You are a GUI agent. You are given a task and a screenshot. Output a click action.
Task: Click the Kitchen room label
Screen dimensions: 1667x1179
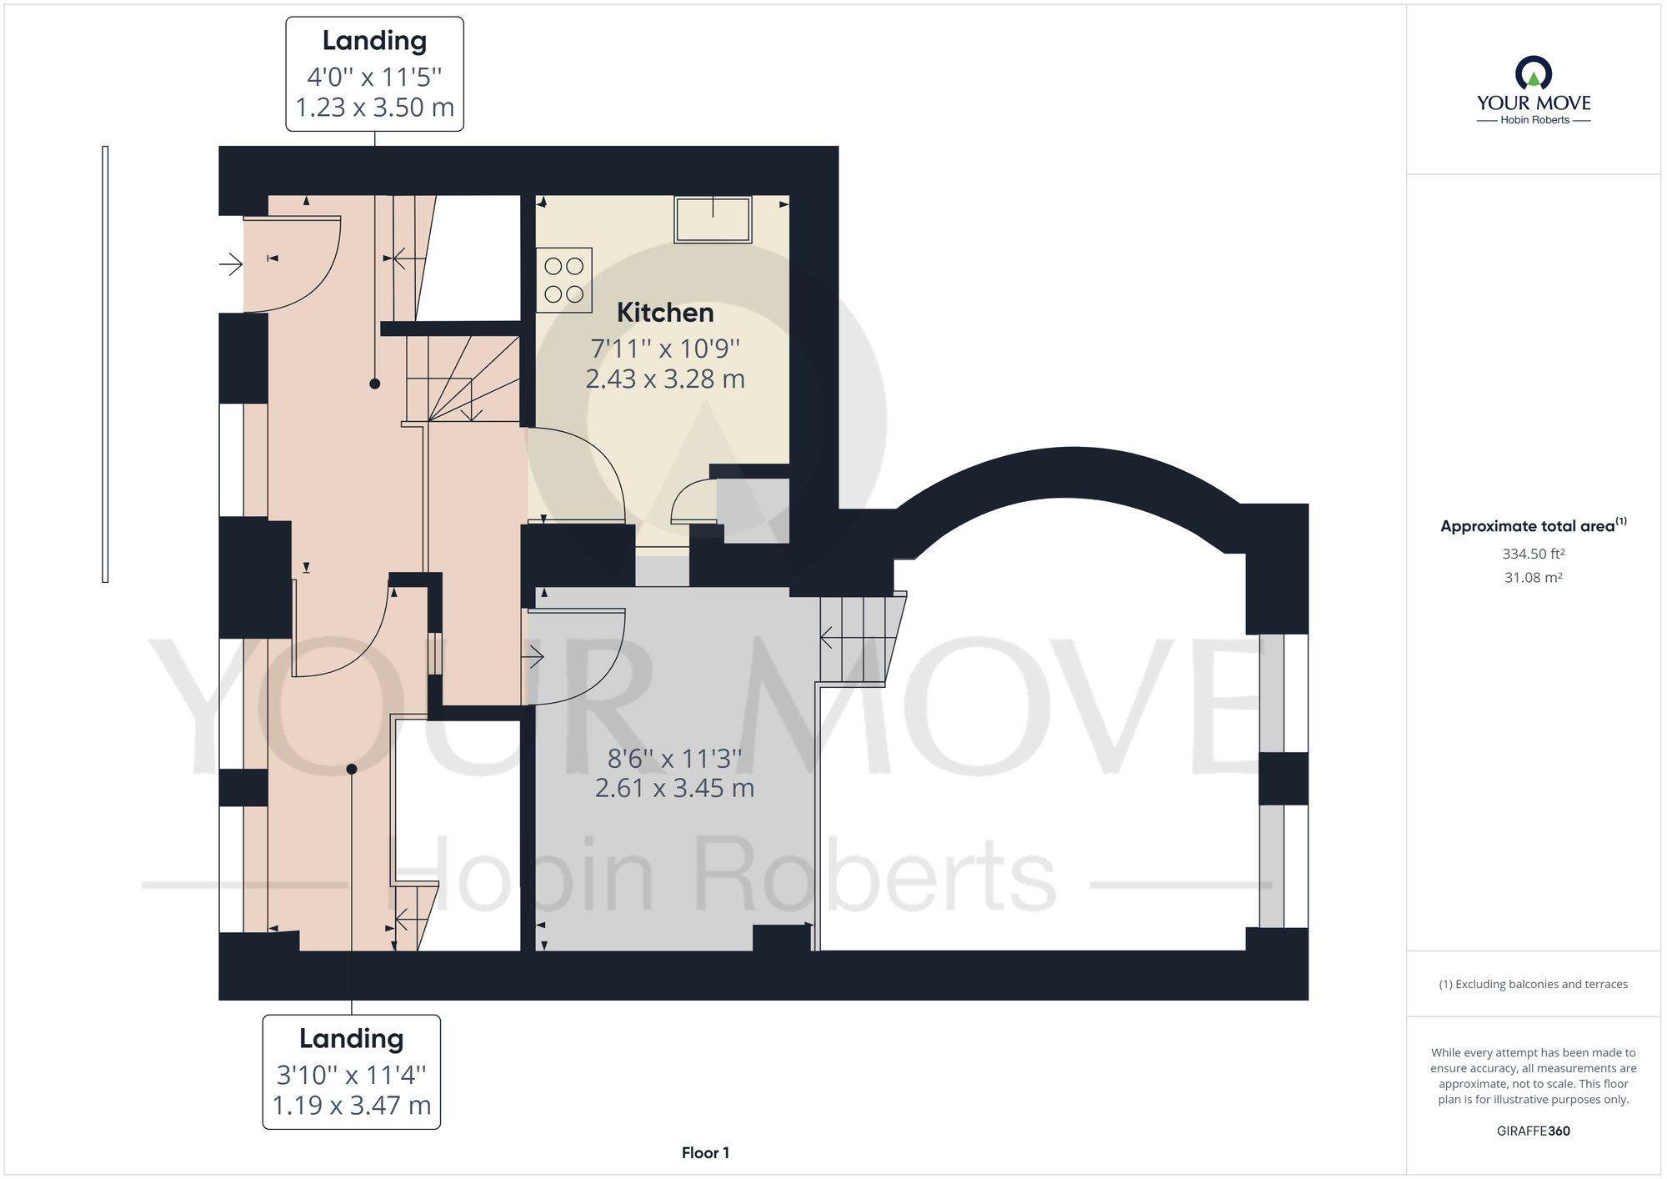tap(665, 313)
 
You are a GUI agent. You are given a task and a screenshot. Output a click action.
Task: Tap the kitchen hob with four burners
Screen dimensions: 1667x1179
tap(564, 280)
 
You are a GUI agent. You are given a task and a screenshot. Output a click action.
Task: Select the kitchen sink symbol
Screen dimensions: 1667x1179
tap(713, 219)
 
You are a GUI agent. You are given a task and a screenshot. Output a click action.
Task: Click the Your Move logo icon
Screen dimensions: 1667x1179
tap(1534, 73)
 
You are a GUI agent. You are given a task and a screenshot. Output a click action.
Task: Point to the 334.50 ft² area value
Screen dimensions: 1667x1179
tap(1534, 554)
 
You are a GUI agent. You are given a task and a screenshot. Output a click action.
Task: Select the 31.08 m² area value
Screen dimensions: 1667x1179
tap(1534, 578)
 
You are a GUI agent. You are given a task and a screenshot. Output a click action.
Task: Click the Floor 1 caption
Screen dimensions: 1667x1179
tap(705, 1153)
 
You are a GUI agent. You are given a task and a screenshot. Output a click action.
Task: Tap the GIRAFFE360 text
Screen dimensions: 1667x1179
tap(1534, 1131)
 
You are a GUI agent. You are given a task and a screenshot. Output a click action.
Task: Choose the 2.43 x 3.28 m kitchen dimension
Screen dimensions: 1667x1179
tap(665, 379)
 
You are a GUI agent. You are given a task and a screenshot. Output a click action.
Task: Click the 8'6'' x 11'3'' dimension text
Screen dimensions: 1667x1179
tap(674, 759)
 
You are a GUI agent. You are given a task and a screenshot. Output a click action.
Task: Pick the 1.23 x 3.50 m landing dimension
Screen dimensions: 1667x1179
tap(375, 108)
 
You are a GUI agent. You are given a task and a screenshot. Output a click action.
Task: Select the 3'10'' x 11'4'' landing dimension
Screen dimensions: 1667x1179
tap(352, 1075)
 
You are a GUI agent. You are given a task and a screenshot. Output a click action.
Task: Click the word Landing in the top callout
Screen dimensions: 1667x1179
tap(375, 40)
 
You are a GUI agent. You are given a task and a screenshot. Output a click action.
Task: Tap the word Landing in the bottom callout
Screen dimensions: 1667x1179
tap(352, 1038)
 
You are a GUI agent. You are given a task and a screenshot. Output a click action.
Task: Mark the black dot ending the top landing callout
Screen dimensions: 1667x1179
tap(375, 384)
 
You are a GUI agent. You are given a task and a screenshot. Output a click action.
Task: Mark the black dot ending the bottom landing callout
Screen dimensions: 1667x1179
tap(352, 769)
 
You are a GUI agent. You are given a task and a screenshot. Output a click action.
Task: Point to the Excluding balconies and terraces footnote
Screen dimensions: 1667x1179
tap(1534, 985)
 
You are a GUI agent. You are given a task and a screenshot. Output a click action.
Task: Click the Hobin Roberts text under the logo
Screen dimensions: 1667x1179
tap(1534, 120)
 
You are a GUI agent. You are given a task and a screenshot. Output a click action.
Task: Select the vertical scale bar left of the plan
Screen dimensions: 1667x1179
tap(105, 364)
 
